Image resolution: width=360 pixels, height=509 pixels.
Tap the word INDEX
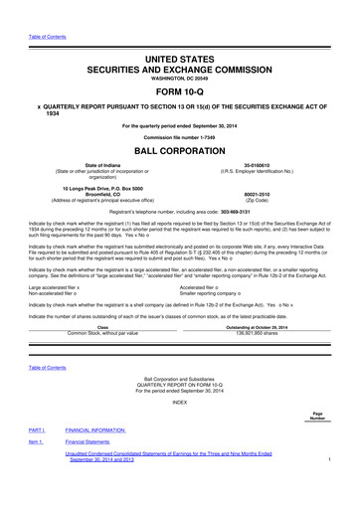[x=180, y=428]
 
